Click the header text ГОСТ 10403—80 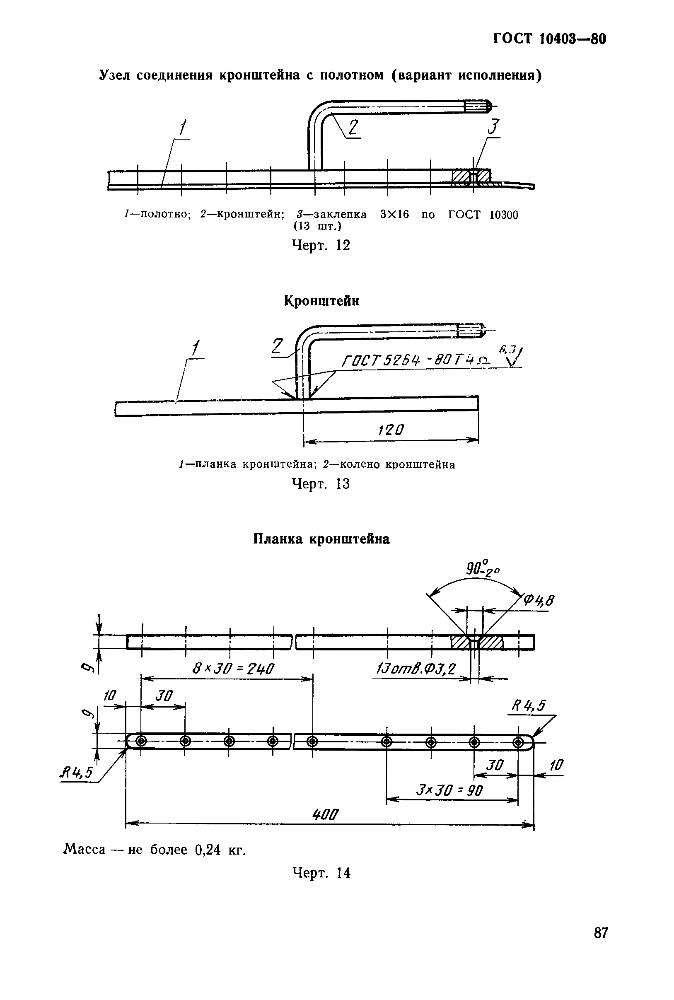[x=549, y=39]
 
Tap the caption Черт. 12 [x=321, y=245]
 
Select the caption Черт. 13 [x=321, y=484]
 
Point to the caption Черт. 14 [x=321, y=873]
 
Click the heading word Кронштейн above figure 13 [x=321, y=301]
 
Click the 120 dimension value [x=391, y=430]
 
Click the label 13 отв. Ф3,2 [x=415, y=669]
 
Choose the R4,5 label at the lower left [x=76, y=773]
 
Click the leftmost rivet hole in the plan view [x=141, y=741]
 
